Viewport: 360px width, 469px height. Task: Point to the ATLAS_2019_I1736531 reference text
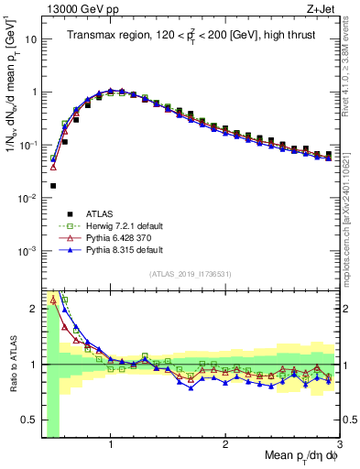(190, 274)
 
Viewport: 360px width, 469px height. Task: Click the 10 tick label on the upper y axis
(31, 39)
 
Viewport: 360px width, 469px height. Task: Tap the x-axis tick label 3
(340, 446)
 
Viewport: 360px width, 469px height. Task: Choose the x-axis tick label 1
(111, 446)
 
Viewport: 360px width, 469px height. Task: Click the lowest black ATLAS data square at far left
(52, 185)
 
